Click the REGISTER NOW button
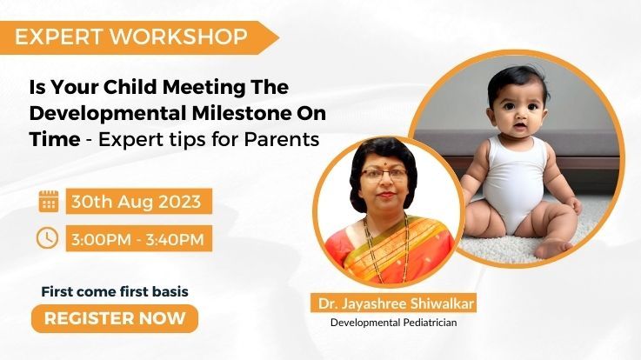pos(115,318)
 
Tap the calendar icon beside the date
pos(49,201)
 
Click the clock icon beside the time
pos(48,237)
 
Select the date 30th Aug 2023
pos(137,202)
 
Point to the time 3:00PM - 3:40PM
pos(137,239)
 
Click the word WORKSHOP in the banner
pos(179,37)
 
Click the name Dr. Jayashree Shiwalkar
pos(396,303)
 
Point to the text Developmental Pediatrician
pos(393,323)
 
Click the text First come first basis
pos(115,292)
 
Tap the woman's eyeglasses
pos(384,176)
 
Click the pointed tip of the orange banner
pos(278,37)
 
